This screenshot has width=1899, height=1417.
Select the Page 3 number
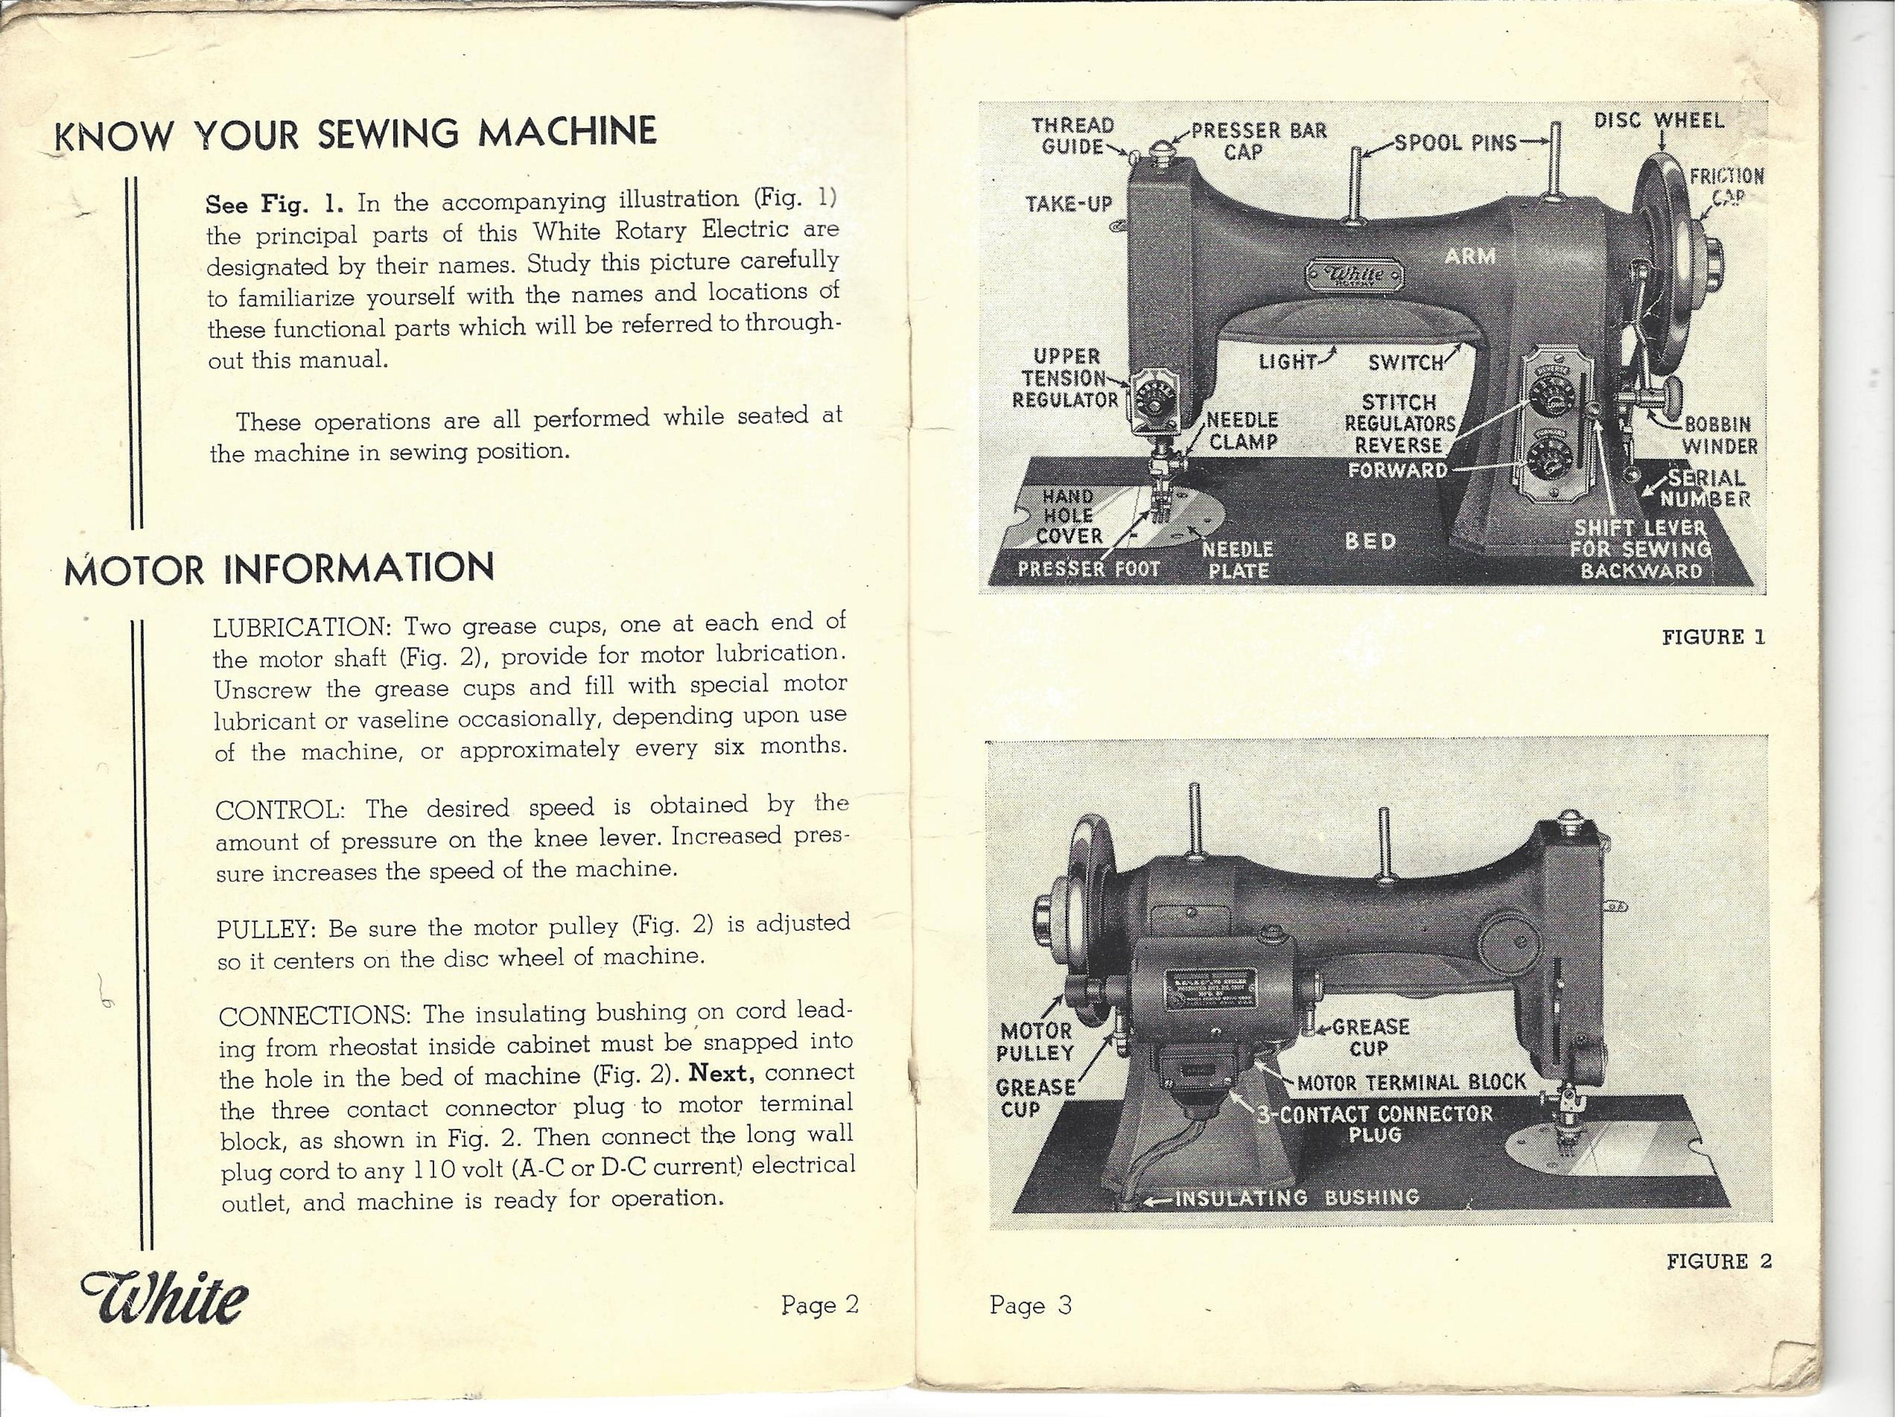[x=1030, y=1306]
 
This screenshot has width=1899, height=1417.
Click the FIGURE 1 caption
[x=1713, y=637]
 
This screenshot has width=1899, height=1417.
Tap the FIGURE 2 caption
[x=1719, y=1261]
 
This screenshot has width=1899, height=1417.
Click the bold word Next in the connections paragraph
[x=722, y=1074]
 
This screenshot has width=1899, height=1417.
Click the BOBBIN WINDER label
[x=1719, y=436]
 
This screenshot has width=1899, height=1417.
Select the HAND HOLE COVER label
[x=1069, y=516]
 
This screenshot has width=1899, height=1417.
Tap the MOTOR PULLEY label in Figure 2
[x=1036, y=1041]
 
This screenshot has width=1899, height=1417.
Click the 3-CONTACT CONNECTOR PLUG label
[x=1375, y=1123]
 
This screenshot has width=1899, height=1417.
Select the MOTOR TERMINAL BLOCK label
[x=1412, y=1082]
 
